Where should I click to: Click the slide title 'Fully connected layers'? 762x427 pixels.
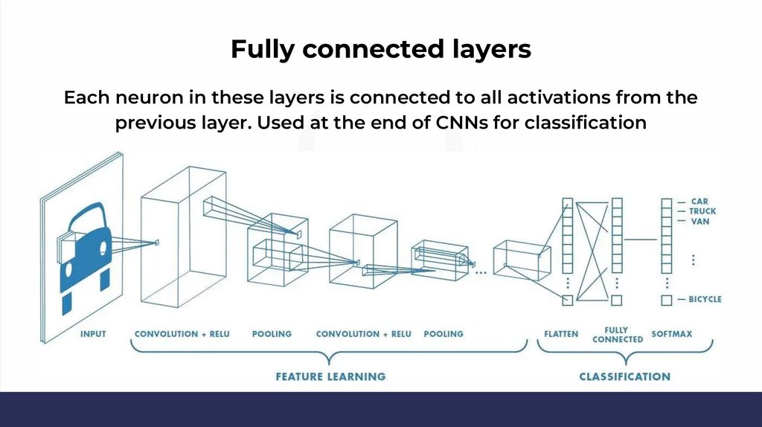coord(380,49)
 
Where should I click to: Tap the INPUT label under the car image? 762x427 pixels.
coord(93,334)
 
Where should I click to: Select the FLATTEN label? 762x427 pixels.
coord(561,334)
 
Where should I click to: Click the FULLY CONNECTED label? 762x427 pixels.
coord(617,335)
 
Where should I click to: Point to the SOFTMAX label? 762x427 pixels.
coord(671,334)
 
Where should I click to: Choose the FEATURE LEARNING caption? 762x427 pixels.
coord(330,376)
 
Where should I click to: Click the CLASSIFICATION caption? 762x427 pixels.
coord(624,376)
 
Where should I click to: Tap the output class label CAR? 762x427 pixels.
coord(699,202)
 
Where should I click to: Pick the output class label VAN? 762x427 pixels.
coord(699,221)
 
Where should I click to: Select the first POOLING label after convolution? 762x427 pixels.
coord(272,334)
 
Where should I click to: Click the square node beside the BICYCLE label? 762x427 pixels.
coord(666,300)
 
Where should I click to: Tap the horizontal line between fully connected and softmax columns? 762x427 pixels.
coord(641,240)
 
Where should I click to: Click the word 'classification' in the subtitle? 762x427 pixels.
coord(586,123)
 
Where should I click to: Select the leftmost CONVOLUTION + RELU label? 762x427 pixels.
coord(182,334)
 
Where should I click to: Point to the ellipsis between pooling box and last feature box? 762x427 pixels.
coord(480,272)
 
